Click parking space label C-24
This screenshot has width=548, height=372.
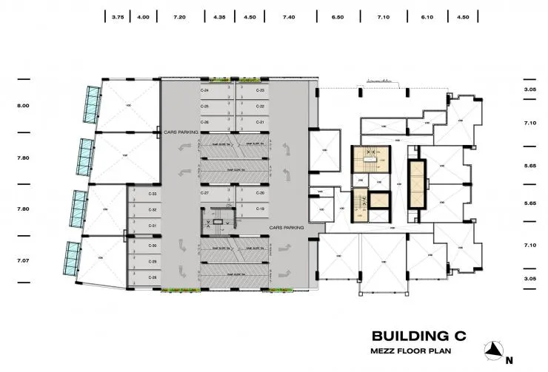coord(204,90)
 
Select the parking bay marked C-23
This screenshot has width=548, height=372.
coord(261,90)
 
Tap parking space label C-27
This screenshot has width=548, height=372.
coord(204,193)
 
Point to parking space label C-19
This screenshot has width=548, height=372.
coord(261,209)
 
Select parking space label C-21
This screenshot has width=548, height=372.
coord(261,122)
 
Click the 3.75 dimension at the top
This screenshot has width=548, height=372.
coord(118,16)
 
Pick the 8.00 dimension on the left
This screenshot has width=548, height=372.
coord(24,106)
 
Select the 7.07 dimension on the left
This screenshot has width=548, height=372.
coord(24,260)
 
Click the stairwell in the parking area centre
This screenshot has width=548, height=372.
coord(218,220)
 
